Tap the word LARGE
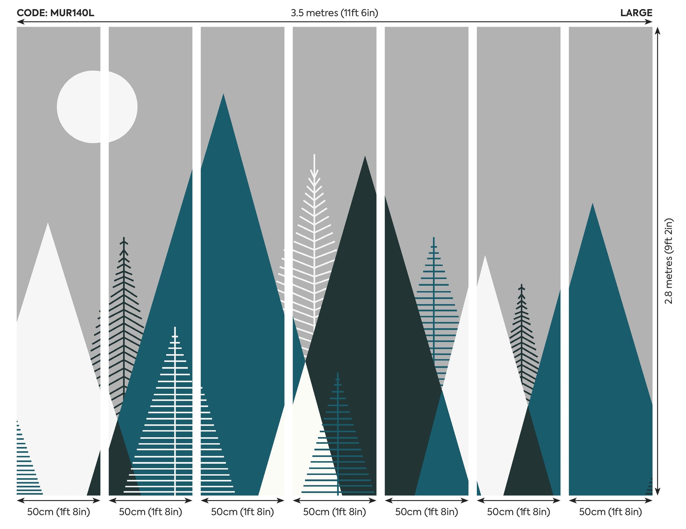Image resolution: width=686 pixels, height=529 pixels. pos(636,13)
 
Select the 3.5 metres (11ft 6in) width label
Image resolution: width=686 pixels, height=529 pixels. pos(334,13)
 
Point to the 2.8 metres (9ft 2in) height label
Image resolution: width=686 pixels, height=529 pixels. pos(668,261)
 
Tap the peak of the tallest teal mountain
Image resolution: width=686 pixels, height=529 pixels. pos(223,94)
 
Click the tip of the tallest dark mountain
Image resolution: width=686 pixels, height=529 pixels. pos(365,157)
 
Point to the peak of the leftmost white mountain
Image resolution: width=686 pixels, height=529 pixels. pos(48,223)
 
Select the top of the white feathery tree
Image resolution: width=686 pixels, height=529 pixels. pos(314,155)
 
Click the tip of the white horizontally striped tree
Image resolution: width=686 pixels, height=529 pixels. pos(175,328)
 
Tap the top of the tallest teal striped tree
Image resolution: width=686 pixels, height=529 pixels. pos(434,238)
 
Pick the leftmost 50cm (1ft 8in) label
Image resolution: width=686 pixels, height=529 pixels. pos(59,512)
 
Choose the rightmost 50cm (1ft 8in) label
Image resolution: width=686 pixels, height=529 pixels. pos(610,512)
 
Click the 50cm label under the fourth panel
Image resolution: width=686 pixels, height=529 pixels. pos(335,512)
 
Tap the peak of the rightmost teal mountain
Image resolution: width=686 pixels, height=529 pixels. pos(593,203)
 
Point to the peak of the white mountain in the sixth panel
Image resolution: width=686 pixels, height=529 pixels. pos(485,256)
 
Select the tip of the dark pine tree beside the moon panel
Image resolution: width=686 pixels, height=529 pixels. pos(124,238)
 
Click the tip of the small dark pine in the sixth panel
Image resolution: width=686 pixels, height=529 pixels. pos(521,285)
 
